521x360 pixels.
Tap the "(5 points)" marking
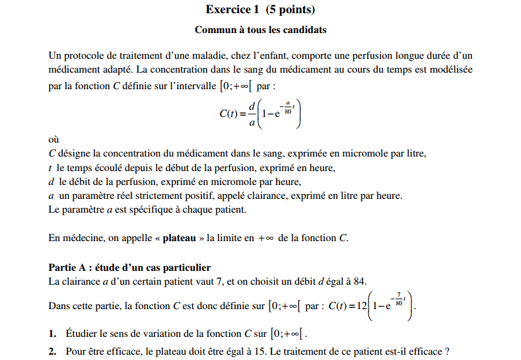pyautogui.click(x=290, y=10)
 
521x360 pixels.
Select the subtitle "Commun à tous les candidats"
pyautogui.click(x=260, y=30)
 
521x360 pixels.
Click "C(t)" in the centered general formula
pyautogui.click(x=228, y=113)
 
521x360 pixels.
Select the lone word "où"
pyautogui.click(x=54, y=140)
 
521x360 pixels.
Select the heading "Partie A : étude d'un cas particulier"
pyautogui.click(x=129, y=268)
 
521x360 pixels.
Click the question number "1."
pyautogui.click(x=53, y=332)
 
